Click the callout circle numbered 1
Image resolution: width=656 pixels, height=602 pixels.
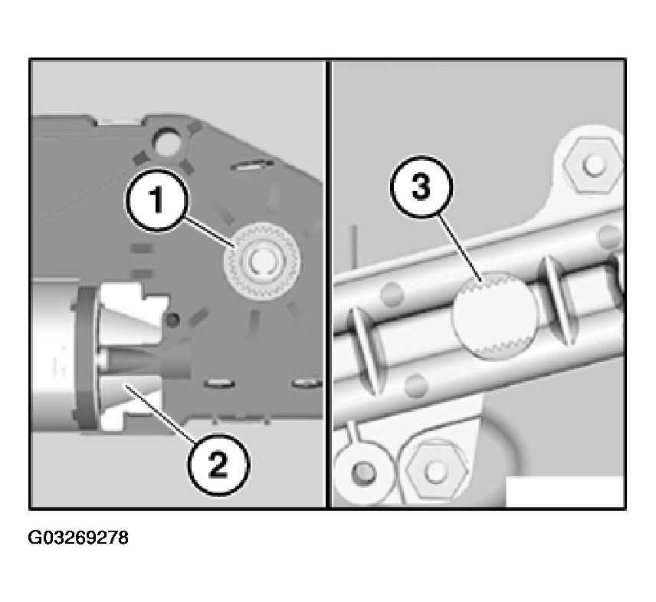click(157, 200)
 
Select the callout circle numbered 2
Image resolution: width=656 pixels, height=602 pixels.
click(218, 464)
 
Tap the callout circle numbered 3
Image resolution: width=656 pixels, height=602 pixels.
click(421, 186)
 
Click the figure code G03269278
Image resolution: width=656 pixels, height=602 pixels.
click(78, 538)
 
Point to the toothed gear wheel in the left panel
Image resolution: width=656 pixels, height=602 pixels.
click(262, 261)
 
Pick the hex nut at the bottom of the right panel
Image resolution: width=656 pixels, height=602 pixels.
click(436, 472)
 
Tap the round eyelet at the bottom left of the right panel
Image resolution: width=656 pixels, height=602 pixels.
click(362, 472)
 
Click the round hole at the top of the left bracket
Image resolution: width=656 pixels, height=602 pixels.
click(167, 142)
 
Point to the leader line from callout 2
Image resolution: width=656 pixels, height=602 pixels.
click(160, 413)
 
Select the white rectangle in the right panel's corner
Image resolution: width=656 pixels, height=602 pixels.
click(565, 491)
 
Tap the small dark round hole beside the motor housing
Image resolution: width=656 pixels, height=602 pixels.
click(172, 320)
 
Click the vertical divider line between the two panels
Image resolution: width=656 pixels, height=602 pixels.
click(329, 285)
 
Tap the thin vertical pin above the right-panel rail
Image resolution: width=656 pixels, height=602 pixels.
click(354, 247)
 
